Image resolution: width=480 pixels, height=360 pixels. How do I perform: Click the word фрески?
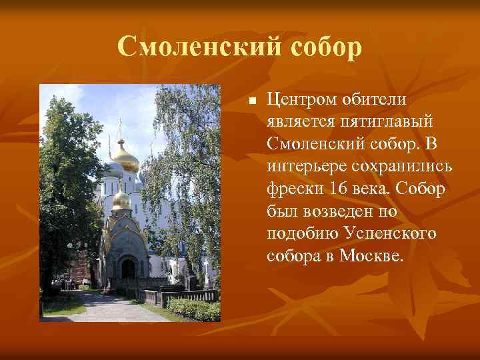294,188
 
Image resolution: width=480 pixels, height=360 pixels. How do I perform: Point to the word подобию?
303,233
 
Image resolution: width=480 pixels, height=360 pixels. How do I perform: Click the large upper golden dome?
125,158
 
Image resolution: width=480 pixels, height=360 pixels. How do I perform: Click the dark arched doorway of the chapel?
127,268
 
